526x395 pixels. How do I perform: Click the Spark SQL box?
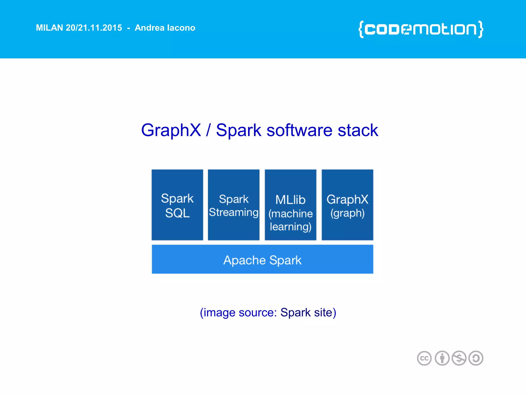177,205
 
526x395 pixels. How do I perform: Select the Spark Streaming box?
233,205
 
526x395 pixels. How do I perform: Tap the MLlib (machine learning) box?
290,205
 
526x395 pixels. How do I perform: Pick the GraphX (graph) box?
347,205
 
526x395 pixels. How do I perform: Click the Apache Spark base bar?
262,259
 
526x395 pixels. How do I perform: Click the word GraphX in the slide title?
171,130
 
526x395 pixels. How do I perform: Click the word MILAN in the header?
49,28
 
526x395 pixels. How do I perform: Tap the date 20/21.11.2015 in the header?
94,28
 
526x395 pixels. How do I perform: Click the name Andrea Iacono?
165,28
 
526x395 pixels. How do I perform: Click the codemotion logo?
421,29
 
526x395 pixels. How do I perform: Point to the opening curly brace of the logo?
361,29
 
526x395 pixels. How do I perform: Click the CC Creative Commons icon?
424,358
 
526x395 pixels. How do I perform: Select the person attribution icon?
442,358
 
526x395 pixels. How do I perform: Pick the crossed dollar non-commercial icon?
459,358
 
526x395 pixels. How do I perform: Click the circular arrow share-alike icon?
476,358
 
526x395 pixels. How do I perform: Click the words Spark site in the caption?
308,313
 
